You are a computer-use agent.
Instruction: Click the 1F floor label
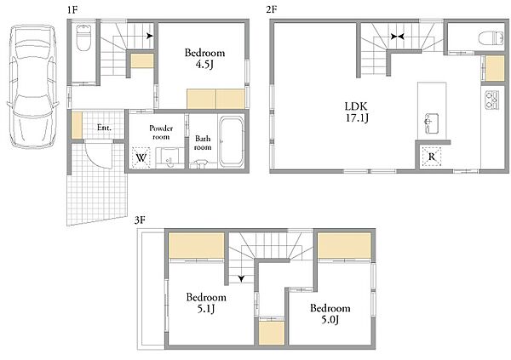(x=72, y=10)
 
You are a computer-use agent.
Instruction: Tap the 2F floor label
(x=271, y=10)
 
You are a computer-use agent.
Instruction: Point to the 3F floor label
(x=140, y=220)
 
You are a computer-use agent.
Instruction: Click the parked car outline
(x=32, y=86)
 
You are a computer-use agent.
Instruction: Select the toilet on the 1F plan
(x=83, y=37)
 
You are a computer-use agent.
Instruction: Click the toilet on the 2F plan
(x=491, y=38)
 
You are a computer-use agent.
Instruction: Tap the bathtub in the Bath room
(x=232, y=142)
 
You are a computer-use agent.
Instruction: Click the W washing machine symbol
(x=141, y=157)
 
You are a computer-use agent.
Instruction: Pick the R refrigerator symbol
(x=432, y=157)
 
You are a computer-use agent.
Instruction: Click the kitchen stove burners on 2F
(x=491, y=100)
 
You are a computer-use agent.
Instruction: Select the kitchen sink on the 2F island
(x=431, y=123)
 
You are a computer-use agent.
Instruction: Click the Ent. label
(x=104, y=128)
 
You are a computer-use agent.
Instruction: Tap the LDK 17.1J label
(x=357, y=111)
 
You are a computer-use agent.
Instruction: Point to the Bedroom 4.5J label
(x=204, y=59)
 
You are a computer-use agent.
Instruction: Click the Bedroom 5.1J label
(x=206, y=303)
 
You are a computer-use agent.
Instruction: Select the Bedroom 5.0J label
(x=330, y=314)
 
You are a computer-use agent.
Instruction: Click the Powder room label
(x=161, y=132)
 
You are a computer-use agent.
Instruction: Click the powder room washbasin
(x=169, y=158)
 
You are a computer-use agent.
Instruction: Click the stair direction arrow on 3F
(x=241, y=278)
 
